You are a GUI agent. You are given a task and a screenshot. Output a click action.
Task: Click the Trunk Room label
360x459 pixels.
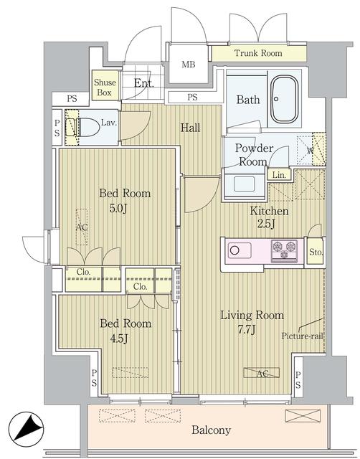pos(258,53)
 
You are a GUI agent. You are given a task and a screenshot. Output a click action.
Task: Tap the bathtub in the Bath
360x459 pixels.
pos(284,99)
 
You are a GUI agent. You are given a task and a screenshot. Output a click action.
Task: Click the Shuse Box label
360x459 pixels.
pos(105,87)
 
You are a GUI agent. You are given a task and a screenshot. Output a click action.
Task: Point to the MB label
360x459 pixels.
pos(188,64)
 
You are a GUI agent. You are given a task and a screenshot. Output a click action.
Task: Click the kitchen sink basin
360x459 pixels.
pos(240,250)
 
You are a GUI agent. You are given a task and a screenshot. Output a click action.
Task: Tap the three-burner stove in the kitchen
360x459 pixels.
pos(284,251)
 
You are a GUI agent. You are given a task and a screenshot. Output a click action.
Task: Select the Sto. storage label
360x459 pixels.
pos(316,252)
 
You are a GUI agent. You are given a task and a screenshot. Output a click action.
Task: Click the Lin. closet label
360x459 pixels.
pos(279,175)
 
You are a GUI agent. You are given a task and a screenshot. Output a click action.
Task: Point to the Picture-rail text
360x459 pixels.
pos(303,336)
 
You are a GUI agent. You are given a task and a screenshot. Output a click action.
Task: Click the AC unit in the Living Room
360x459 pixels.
pos(261,373)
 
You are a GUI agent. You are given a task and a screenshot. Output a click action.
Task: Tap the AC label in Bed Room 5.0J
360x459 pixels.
pos(82,227)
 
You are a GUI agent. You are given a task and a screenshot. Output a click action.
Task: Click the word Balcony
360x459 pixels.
pos(211,430)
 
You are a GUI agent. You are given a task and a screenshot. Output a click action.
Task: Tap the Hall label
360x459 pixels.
pos(190,128)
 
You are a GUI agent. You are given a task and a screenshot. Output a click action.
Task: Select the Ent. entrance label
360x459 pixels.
pos(144,83)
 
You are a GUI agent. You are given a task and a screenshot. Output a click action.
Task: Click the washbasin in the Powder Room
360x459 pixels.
pos(245,184)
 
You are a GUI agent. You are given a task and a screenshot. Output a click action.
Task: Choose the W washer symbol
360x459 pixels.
pos(311,151)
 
